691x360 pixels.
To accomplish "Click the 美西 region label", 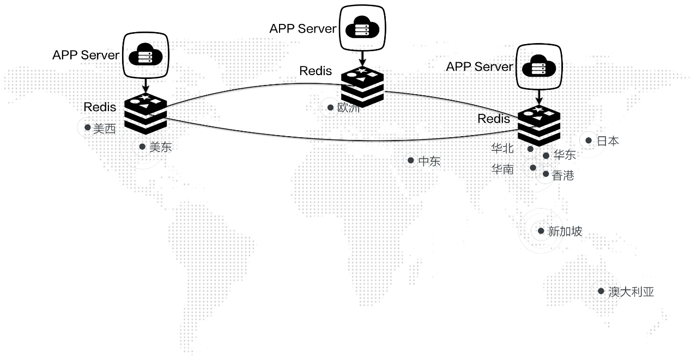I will [105, 129].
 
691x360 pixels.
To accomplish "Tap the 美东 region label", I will [161, 147].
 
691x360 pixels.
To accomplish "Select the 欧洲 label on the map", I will [349, 108].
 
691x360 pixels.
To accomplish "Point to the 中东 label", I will [429, 161].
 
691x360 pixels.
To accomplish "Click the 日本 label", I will [608, 141].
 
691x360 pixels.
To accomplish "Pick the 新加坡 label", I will [565, 231].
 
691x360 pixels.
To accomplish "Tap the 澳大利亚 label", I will [631, 292].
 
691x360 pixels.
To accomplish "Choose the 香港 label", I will [563, 175].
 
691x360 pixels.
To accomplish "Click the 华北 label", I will [502, 148].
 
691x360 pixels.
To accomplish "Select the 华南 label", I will [502, 169].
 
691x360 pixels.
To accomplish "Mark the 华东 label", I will [565, 155].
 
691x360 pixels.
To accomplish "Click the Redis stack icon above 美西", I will [146, 113].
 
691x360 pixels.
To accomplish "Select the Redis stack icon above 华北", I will [538, 125].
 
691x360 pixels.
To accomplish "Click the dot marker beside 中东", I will [410, 161].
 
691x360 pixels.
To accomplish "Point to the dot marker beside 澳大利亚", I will [601, 291].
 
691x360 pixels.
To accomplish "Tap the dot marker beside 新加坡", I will [541, 231].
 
